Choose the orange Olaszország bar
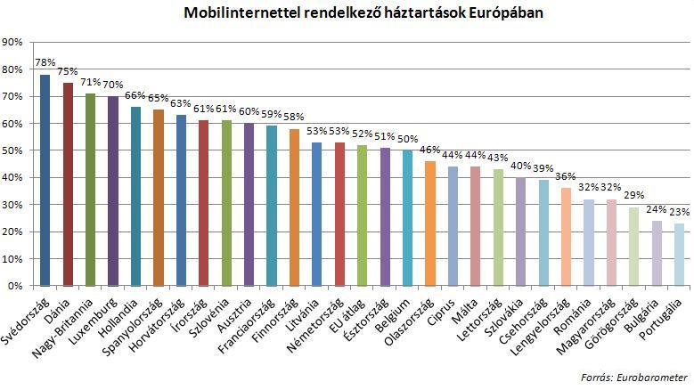click(x=429, y=223)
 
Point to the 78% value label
click(x=45, y=63)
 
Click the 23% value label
click(x=679, y=213)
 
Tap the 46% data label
click(x=429, y=150)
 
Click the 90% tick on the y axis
click(x=13, y=43)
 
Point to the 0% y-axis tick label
click(x=16, y=287)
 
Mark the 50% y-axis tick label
click(x=13, y=151)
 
